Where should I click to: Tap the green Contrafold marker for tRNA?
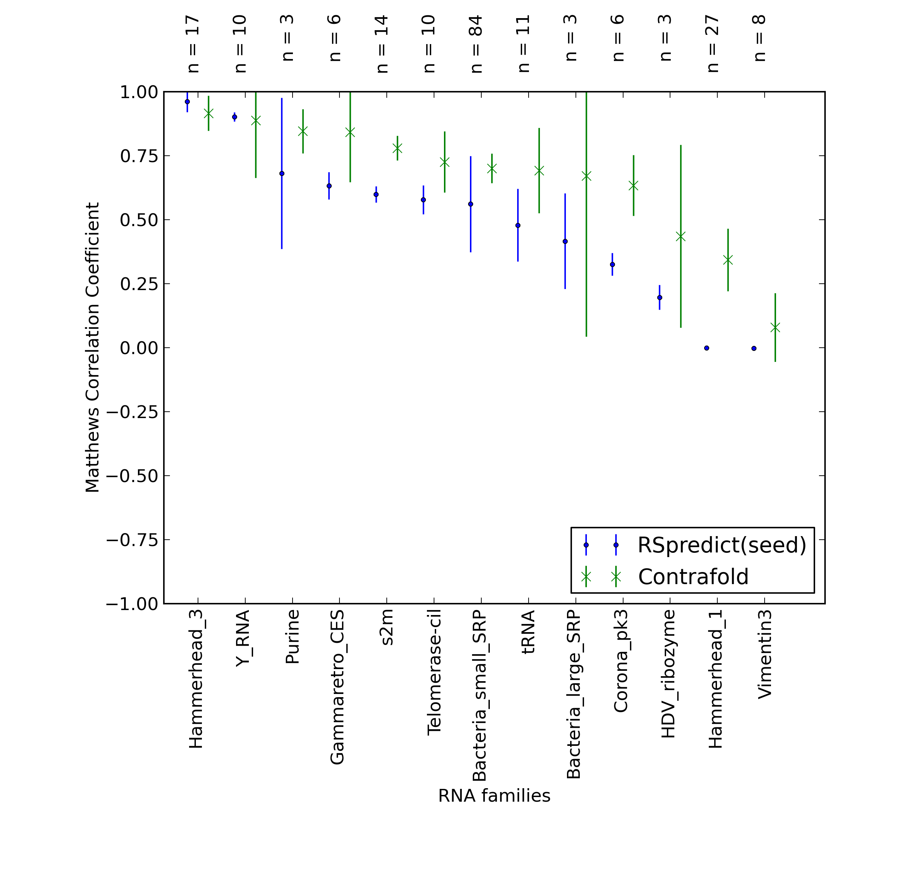point(539,171)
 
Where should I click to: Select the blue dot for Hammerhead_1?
point(707,348)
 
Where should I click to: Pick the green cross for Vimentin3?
point(775,328)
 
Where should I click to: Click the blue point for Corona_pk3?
point(612,265)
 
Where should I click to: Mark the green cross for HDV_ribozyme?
point(681,237)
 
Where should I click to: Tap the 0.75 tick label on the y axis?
point(139,156)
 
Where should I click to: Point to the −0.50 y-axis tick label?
point(132,476)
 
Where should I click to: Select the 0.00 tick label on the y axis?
point(139,348)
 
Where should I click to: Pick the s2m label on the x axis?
point(387,627)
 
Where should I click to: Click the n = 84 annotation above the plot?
point(476,44)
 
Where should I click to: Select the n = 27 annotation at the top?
point(713,44)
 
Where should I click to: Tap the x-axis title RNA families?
point(494,795)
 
